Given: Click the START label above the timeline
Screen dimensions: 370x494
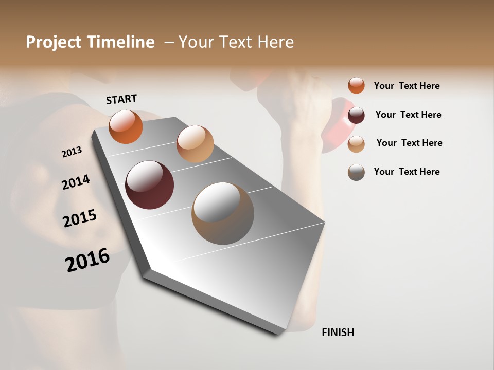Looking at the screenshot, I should (121, 99).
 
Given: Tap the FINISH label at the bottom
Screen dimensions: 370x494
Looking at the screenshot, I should (338, 332).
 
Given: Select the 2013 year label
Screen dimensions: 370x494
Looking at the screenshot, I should (72, 152).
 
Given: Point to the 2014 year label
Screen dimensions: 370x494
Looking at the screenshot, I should (76, 182).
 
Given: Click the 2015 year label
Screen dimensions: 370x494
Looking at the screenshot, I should (80, 218).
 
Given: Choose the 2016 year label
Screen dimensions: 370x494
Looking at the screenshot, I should (87, 260).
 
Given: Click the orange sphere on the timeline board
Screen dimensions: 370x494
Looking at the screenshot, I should (126, 126).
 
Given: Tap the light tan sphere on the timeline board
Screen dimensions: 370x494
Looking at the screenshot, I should (195, 144).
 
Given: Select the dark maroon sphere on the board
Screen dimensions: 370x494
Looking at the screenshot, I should (149, 185).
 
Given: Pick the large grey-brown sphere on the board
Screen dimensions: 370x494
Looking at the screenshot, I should (223, 213).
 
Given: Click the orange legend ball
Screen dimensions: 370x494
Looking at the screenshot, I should (356, 85).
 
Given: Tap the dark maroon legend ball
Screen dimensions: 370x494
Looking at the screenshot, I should (356, 115).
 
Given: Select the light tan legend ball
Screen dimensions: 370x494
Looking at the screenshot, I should (356, 143).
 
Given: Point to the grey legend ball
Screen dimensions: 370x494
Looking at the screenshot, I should (356, 172).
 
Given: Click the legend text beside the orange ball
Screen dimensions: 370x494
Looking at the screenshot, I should (407, 86).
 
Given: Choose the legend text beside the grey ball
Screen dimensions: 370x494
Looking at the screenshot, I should (407, 172).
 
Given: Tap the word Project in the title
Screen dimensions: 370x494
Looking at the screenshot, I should (54, 42).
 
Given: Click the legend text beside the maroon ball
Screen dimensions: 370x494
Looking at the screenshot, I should (408, 115).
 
